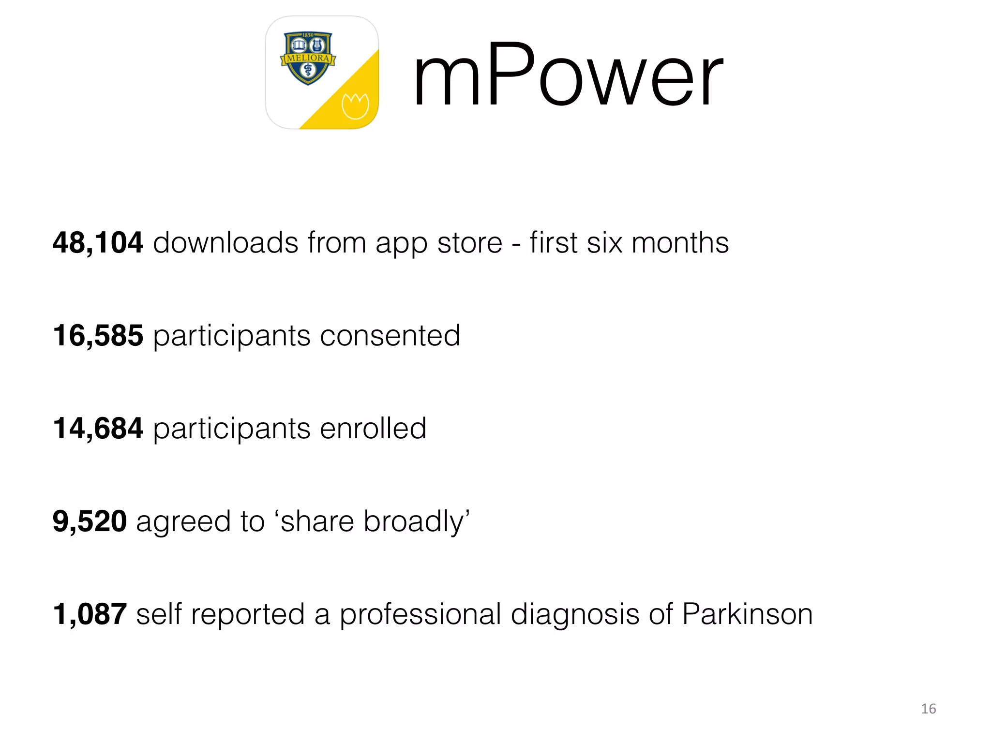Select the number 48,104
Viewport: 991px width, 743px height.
click(98, 242)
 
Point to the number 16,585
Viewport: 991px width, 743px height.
click(98, 335)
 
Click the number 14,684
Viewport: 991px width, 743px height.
click(98, 428)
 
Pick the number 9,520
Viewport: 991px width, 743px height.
click(90, 521)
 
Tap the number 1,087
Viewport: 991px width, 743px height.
click(90, 614)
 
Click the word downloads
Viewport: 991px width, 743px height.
click(225, 242)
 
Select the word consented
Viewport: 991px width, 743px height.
click(390, 335)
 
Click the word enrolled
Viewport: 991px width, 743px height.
click(373, 428)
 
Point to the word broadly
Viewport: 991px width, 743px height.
click(415, 522)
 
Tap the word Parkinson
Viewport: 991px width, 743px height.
click(747, 614)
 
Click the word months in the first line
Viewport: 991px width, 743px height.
click(680, 242)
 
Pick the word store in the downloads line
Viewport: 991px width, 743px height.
click(469, 242)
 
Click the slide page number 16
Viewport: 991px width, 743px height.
click(928, 709)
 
